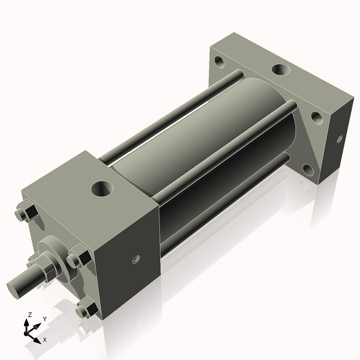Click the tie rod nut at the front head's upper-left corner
pos(26,214)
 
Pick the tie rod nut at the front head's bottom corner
pos(87,310)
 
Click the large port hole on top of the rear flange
pos(280,69)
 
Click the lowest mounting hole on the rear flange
pos(308,169)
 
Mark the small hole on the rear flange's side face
pos(339,139)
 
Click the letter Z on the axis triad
pos(30,314)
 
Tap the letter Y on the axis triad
pos(44,319)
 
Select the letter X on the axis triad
pos(45,340)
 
